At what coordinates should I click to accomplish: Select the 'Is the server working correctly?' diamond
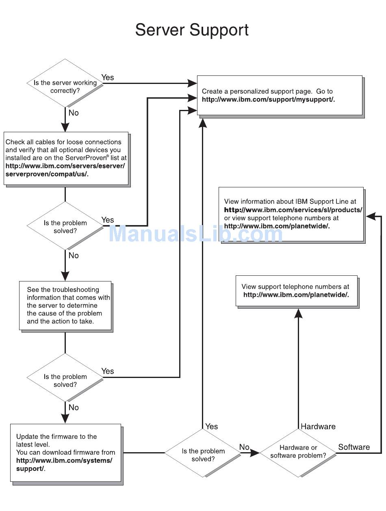tap(65, 83)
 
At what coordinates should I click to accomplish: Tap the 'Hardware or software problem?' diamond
tap(298, 453)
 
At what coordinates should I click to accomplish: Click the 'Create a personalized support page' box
tap(280, 95)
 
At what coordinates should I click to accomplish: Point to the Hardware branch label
tap(318, 426)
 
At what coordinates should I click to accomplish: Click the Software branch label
tap(354, 447)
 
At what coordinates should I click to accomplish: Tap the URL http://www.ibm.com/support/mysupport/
tap(268, 99)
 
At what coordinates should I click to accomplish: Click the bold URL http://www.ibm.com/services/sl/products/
tap(293, 210)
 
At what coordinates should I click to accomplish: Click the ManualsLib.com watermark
tap(195, 233)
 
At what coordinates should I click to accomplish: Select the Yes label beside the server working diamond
tap(108, 77)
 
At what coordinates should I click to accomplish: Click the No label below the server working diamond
tap(74, 113)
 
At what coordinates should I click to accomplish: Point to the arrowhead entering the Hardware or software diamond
tap(255, 453)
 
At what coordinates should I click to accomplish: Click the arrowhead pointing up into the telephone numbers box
tap(298, 313)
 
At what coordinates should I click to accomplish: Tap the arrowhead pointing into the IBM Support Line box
tap(371, 216)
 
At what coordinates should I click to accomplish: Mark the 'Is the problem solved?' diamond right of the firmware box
tap(203, 453)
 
